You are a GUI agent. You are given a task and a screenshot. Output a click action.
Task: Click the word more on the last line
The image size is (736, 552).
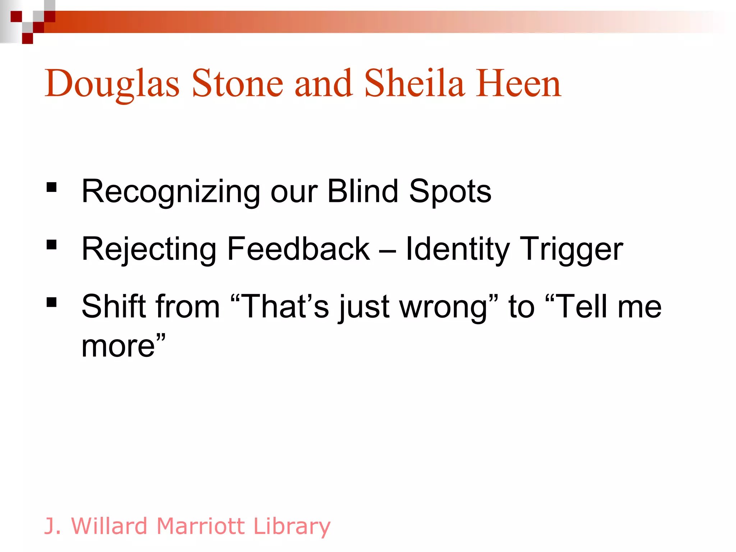point(118,346)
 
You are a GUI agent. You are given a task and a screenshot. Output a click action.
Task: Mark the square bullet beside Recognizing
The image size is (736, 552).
point(52,188)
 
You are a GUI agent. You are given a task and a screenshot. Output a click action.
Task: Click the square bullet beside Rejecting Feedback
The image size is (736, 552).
point(52,245)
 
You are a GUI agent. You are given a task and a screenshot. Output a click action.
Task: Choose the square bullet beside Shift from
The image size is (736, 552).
point(52,302)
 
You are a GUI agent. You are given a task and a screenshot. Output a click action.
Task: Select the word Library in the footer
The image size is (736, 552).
point(291,526)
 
